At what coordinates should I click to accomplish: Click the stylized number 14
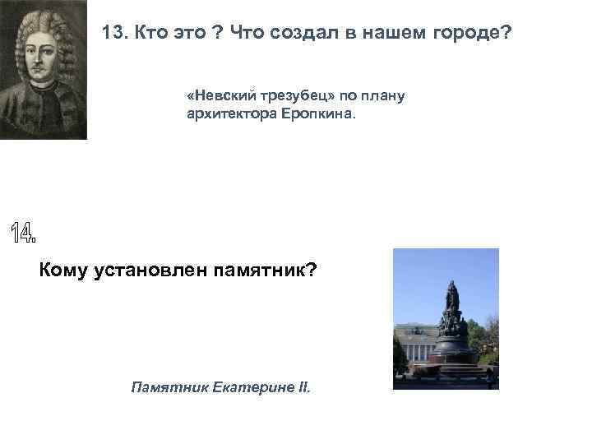point(24,234)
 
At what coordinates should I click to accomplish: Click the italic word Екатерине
point(249,385)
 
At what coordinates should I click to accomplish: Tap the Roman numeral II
point(304,385)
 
